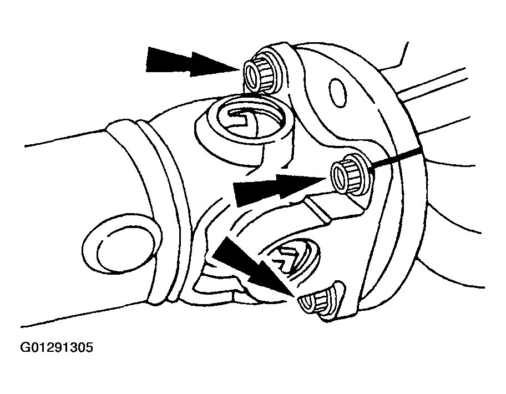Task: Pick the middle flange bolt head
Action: tap(350, 174)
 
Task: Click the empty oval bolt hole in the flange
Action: tap(338, 92)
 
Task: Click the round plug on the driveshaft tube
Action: tap(121, 244)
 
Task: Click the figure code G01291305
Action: tap(57, 347)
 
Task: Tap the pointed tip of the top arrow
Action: tap(239, 69)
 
